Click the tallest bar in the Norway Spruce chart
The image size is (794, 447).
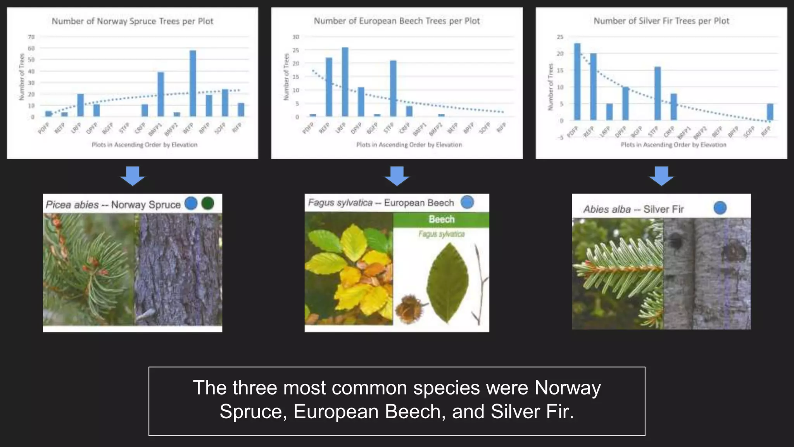point(193,83)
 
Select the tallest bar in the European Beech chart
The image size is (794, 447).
point(345,82)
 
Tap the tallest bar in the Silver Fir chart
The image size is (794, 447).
point(577,81)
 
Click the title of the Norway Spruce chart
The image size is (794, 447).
point(133,21)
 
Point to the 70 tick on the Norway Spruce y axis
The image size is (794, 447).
point(31,37)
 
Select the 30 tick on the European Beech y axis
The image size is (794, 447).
point(296,37)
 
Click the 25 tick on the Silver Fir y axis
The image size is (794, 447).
point(560,37)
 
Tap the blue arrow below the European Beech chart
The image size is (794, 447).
point(397,176)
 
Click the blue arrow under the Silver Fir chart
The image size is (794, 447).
point(661,176)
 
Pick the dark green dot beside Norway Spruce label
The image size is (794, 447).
point(208,203)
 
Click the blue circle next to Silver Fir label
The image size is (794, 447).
point(720,208)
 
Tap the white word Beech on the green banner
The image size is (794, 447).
point(441,220)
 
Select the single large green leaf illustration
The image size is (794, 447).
point(448,283)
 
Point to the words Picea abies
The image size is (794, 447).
point(72,205)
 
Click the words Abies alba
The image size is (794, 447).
point(607,210)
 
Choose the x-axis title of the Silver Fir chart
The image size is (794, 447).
point(673,145)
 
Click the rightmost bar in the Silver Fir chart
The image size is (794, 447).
point(770,112)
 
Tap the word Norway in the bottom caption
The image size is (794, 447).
point(567,388)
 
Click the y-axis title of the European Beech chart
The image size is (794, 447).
point(287,77)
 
